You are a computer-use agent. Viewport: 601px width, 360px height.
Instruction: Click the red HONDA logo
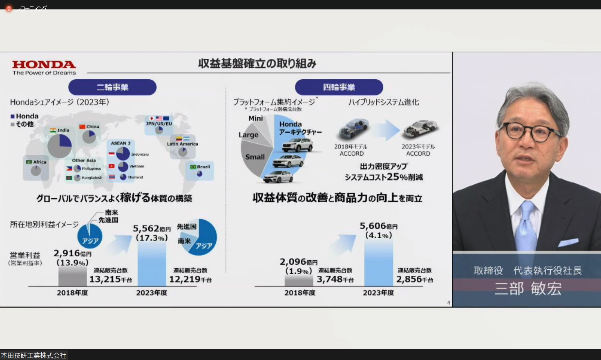44,65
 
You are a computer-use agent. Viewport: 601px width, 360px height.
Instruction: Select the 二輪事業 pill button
112,87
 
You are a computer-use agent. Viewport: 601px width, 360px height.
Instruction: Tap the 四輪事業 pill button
339,87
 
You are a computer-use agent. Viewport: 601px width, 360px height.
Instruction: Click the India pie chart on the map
60,146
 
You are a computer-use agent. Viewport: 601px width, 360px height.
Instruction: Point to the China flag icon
82,127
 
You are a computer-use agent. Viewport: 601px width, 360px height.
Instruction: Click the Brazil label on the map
203,167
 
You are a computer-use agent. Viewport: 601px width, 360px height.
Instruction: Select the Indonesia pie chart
123,154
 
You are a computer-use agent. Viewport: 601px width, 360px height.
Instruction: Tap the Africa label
40,162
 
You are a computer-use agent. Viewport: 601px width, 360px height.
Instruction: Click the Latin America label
182,144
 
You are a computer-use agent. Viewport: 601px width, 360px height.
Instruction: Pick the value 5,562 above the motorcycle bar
146,229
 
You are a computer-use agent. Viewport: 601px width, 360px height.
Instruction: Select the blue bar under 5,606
378,264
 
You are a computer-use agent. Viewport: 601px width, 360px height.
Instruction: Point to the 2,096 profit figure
293,262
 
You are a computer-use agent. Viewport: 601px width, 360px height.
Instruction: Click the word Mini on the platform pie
256,119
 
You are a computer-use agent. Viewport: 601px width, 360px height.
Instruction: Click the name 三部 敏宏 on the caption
528,289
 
